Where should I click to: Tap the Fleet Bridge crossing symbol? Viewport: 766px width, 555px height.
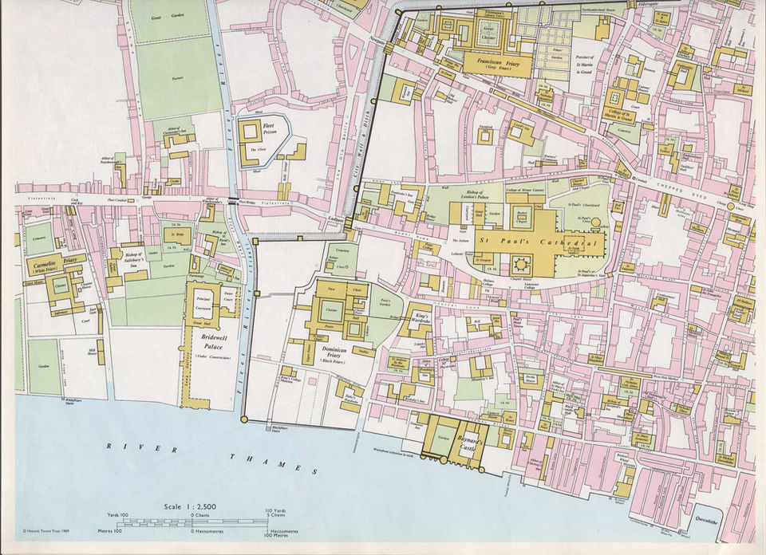232,199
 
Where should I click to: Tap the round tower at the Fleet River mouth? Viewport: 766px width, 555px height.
243,419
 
